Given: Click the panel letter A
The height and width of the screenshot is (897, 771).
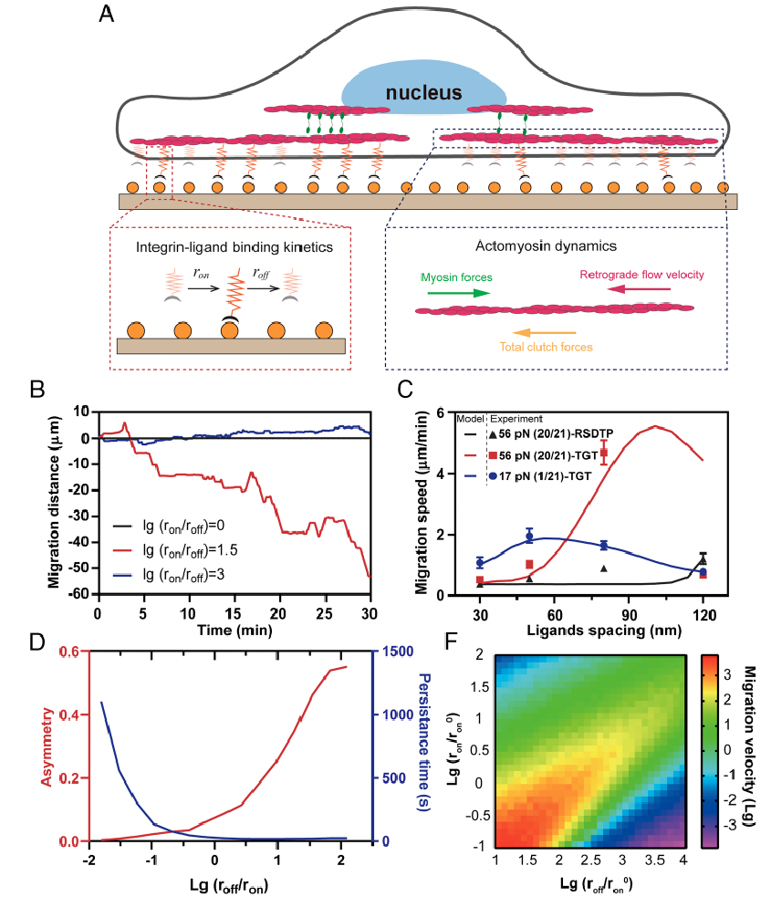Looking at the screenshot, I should (x=107, y=18).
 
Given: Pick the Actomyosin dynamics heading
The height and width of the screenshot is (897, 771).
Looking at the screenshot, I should (x=555, y=247).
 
